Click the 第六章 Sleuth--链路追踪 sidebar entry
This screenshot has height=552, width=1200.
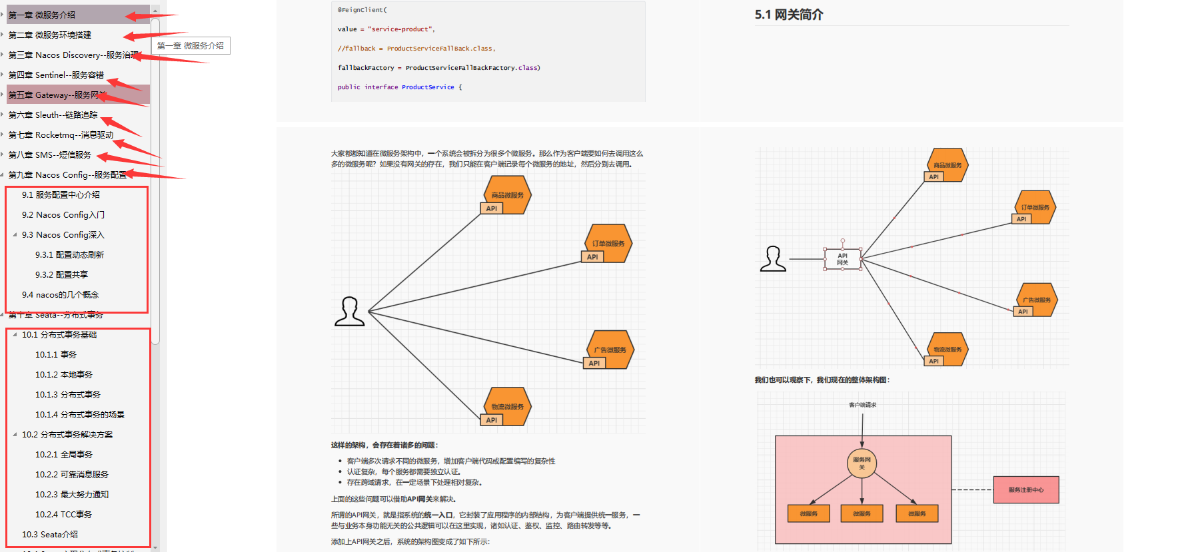(53, 115)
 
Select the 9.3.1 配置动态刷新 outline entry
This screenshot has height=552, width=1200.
(69, 255)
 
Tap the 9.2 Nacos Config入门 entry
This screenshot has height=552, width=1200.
(63, 215)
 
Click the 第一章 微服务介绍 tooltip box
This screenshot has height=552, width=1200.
(191, 46)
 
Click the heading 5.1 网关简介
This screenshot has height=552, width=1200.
(788, 15)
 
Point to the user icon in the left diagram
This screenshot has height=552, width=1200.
(349, 312)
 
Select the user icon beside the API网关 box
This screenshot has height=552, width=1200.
(773, 259)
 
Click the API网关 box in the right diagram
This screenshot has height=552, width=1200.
(842, 259)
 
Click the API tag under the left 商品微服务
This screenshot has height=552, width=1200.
(492, 208)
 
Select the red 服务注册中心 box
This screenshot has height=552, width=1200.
(1025, 489)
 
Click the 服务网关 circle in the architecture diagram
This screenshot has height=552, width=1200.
(862, 463)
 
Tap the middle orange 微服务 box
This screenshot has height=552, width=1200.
(862, 513)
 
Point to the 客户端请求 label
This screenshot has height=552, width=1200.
(862, 405)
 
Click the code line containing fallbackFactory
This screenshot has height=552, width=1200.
(438, 68)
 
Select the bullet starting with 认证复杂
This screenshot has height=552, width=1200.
(403, 471)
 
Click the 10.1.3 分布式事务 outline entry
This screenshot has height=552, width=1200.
(67, 395)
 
